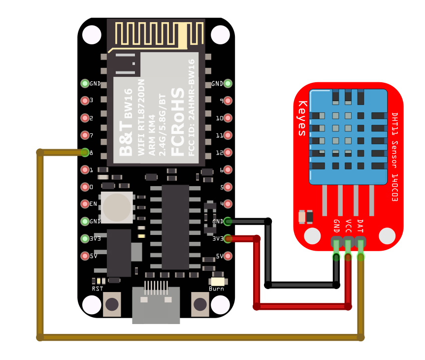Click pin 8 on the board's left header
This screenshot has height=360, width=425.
[85, 152]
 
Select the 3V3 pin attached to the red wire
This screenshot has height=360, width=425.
[228, 239]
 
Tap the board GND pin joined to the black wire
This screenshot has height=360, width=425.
[228, 221]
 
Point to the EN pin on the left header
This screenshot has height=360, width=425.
[85, 204]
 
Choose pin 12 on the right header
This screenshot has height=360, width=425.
[228, 152]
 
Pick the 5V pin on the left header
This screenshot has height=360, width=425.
[85, 256]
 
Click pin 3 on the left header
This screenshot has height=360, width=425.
[85, 100]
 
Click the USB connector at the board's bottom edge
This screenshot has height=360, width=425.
[156, 305]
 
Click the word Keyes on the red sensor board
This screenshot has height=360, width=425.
[302, 118]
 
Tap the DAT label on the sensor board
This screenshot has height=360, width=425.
[360, 226]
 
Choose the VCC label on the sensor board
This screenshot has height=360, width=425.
[348, 226]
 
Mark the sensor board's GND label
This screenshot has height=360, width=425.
[336, 226]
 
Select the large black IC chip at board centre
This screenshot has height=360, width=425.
[175, 227]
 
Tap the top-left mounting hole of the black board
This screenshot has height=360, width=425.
[92, 34]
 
